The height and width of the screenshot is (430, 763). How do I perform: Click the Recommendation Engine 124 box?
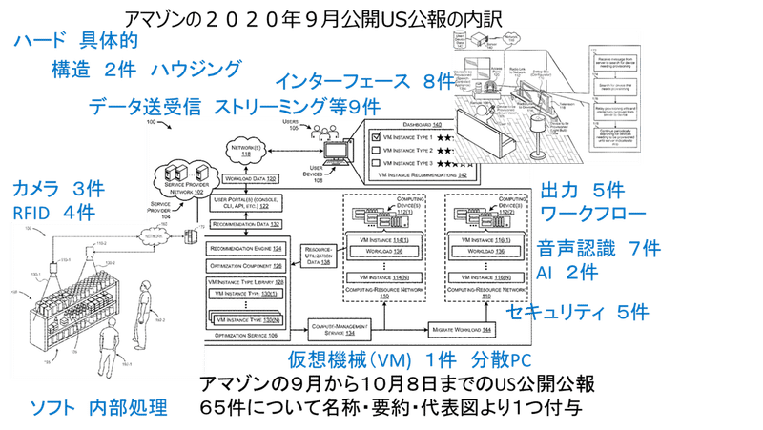243,247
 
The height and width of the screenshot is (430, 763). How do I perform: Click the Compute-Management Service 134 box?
341,330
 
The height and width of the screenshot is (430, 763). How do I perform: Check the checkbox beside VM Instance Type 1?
378,137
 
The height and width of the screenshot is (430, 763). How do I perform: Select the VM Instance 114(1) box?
379,238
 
